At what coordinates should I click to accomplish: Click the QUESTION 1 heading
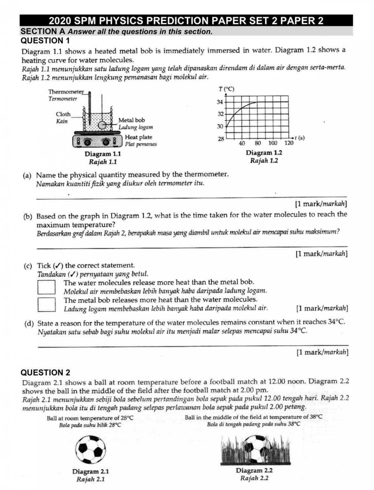pyautogui.click(x=45, y=41)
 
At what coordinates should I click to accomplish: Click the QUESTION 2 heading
pyautogui.click(x=45, y=373)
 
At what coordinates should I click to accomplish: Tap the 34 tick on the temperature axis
pyautogui.click(x=220, y=102)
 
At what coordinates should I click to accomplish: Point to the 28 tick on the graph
pyautogui.click(x=221, y=139)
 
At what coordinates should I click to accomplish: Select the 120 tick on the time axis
pyautogui.click(x=288, y=143)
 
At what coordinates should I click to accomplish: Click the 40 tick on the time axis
pyautogui.click(x=242, y=143)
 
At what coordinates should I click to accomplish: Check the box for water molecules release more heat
pyautogui.click(x=47, y=287)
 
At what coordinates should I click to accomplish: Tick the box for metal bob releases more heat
pyautogui.click(x=47, y=304)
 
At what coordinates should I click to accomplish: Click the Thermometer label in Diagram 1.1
pyautogui.click(x=66, y=92)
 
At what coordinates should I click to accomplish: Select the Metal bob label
pyautogui.click(x=131, y=120)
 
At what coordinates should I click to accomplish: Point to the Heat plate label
pyautogui.click(x=138, y=137)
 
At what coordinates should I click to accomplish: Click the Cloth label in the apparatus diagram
pyautogui.click(x=63, y=114)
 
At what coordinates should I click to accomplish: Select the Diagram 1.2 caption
pyautogui.click(x=264, y=153)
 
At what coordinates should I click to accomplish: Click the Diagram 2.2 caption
pyautogui.click(x=254, y=471)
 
